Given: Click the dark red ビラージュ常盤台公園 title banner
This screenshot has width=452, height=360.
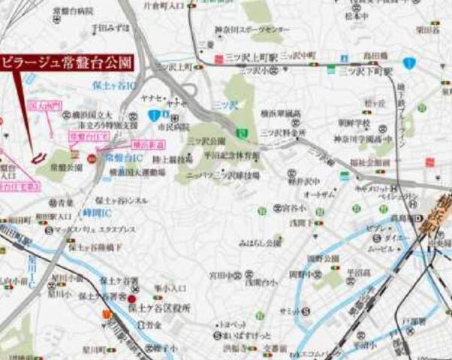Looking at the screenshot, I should [x=67, y=62].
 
